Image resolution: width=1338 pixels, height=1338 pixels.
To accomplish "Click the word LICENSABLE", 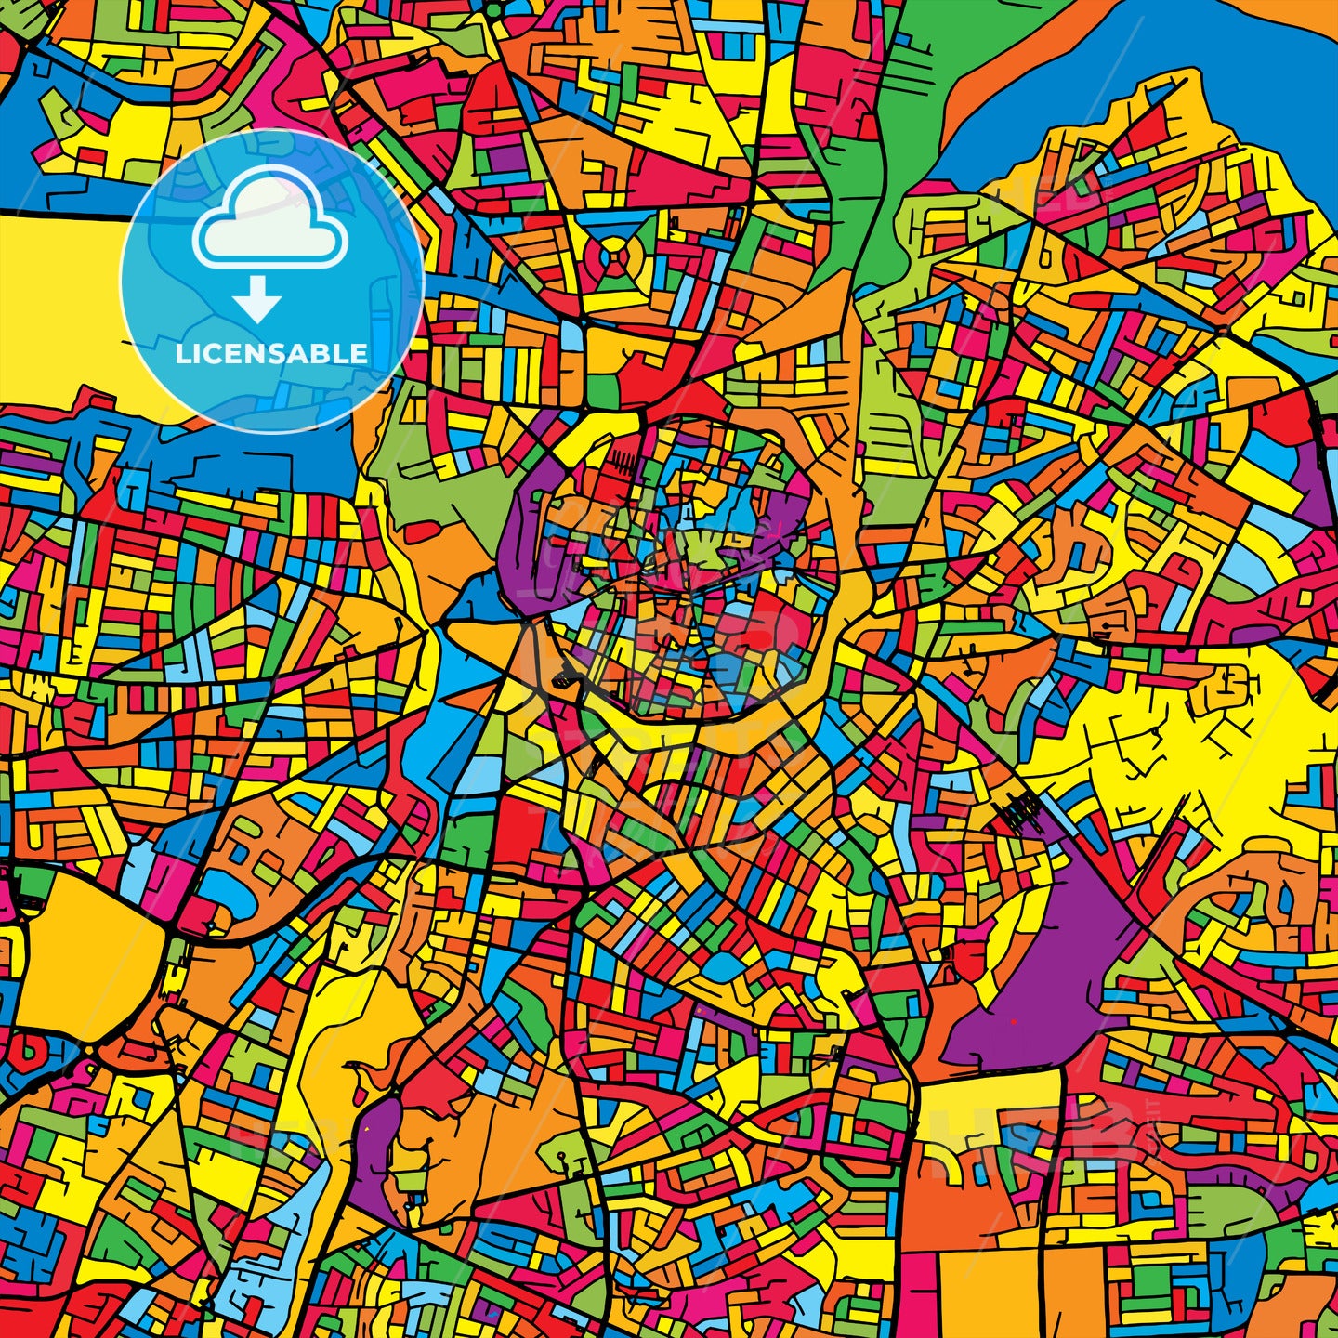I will point(271,353).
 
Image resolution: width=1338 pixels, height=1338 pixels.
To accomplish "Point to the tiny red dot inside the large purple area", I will point(1014,1021).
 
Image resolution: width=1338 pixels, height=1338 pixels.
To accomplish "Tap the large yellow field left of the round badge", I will point(56,297).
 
